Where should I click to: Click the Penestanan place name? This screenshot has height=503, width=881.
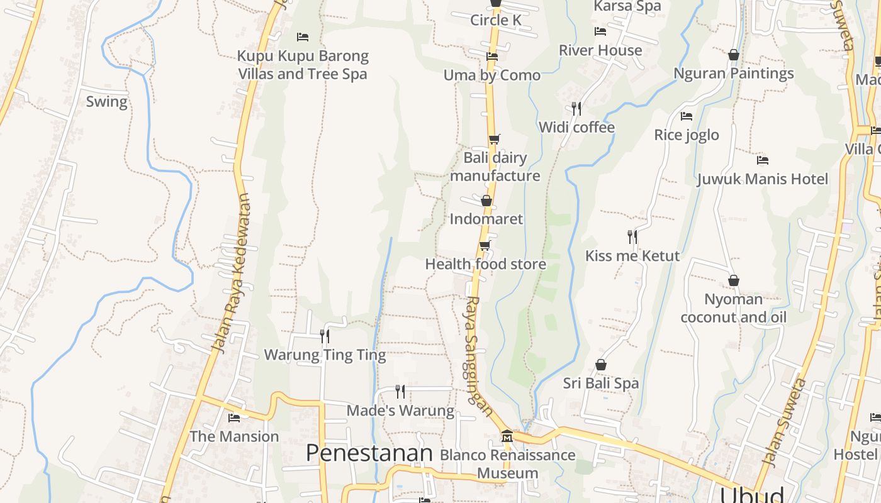point(369,453)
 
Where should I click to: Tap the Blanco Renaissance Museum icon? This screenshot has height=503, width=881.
point(507,436)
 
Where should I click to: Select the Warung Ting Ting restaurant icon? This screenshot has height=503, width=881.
point(325,336)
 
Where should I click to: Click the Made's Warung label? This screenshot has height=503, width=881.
point(400,411)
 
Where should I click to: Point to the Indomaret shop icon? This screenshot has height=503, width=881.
point(486,201)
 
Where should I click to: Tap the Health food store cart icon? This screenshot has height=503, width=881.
point(485,245)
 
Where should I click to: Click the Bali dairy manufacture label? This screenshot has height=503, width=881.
point(495,167)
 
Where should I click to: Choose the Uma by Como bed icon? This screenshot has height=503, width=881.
point(492,57)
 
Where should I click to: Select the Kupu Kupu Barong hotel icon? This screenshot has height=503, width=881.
point(303,37)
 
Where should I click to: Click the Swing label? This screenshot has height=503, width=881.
point(106,102)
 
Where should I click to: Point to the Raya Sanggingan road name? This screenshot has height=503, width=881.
point(479,355)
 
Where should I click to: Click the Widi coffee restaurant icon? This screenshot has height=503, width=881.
point(576,108)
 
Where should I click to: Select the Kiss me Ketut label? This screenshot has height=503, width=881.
point(632,256)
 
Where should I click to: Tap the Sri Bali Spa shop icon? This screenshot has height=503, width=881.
point(601,365)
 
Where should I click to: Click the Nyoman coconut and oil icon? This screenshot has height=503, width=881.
point(733,280)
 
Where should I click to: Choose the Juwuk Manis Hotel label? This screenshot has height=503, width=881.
point(762,179)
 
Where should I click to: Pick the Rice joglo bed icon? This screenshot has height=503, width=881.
point(687,116)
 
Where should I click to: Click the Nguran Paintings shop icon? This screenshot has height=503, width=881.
point(733,55)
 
